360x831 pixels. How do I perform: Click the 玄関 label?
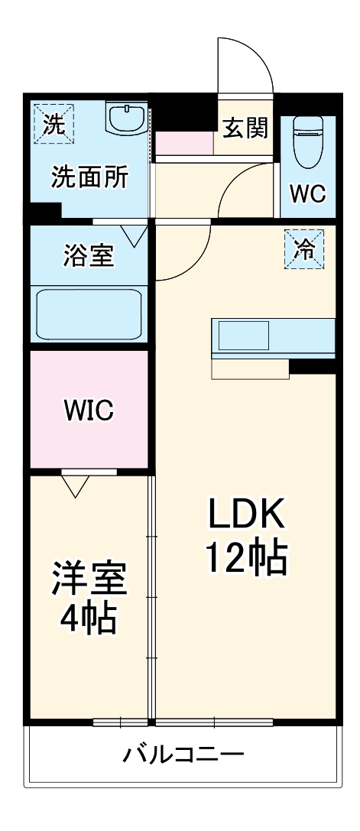pos(245,128)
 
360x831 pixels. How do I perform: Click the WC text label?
pos(307,193)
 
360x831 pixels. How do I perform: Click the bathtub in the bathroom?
pos(89,315)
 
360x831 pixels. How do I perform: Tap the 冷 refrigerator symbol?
pos(304,250)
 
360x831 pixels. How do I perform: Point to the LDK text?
pos(247,515)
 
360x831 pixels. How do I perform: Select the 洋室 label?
pos(89,579)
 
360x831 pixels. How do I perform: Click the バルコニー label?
pos(183,755)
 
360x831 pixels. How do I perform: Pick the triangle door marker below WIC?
pos(75,485)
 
